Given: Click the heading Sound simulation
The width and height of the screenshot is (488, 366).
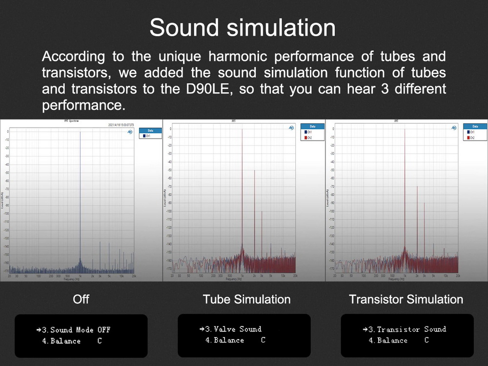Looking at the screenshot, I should click(243, 28).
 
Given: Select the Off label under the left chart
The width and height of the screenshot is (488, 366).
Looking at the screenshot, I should click(81, 299).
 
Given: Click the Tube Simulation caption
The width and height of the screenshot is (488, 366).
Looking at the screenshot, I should click(246, 299).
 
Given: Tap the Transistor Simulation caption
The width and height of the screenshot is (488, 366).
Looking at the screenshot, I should click(406, 299).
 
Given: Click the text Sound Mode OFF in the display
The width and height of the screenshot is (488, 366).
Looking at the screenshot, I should click(81, 330).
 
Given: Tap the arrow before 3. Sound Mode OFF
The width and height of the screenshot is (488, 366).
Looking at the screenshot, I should click(39, 330).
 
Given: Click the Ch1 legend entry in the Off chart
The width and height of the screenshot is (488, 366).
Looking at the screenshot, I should click(147, 136).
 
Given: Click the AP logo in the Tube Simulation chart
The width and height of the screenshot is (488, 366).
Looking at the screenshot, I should click(291, 127).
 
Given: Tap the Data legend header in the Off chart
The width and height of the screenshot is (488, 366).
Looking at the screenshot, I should click(149, 130).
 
